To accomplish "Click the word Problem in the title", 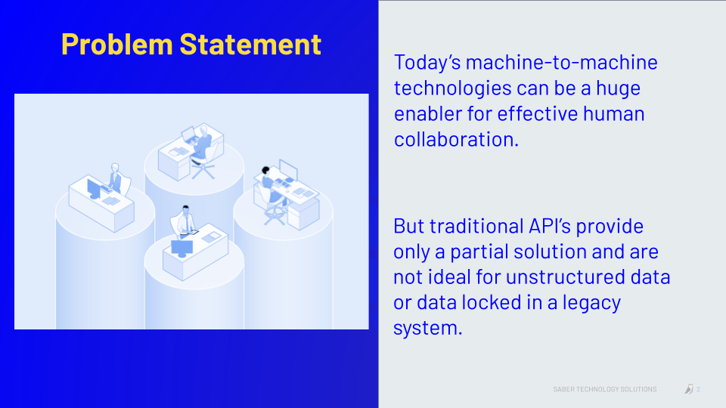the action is (116, 45).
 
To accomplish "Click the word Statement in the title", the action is (250, 45).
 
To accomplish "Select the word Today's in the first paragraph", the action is (427, 63).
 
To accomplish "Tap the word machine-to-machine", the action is (562, 63).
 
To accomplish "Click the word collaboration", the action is (456, 139).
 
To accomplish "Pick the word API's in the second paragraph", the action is (550, 226).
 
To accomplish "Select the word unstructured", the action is (566, 277).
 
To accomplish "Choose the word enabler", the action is (427, 114).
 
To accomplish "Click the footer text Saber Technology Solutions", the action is (605, 390).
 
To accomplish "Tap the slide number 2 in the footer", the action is (698, 390).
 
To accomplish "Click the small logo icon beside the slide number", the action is (689, 389).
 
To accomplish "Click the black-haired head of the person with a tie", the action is (186, 209).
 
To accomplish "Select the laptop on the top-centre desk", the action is (189, 135).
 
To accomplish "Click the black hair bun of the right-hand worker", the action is (265, 170).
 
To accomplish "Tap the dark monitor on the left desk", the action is (94, 189).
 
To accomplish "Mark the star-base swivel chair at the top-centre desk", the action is (203, 165).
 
